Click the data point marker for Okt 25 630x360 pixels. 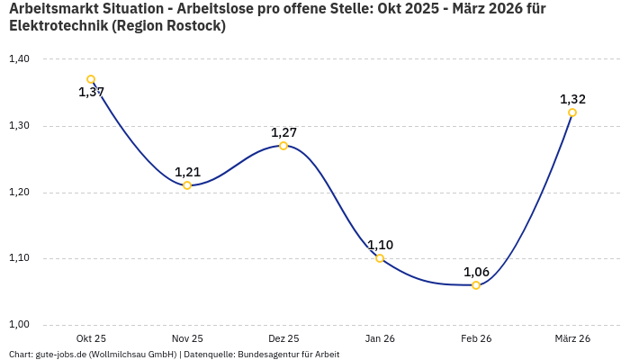91,79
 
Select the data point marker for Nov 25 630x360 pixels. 187,185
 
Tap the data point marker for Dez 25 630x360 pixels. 283,146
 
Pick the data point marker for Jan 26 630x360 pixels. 380,258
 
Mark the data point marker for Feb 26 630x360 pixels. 476,285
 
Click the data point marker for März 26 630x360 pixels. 572,112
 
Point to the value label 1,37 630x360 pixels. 91,92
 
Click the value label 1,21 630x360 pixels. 187,172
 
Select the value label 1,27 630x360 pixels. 283,132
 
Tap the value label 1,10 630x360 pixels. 380,245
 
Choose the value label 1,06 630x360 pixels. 476,272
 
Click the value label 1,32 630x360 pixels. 572,99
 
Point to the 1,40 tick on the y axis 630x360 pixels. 19,59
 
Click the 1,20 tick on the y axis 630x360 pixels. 19,193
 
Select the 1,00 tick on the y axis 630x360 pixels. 19,325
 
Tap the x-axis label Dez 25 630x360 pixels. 283,338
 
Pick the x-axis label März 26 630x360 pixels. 572,338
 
